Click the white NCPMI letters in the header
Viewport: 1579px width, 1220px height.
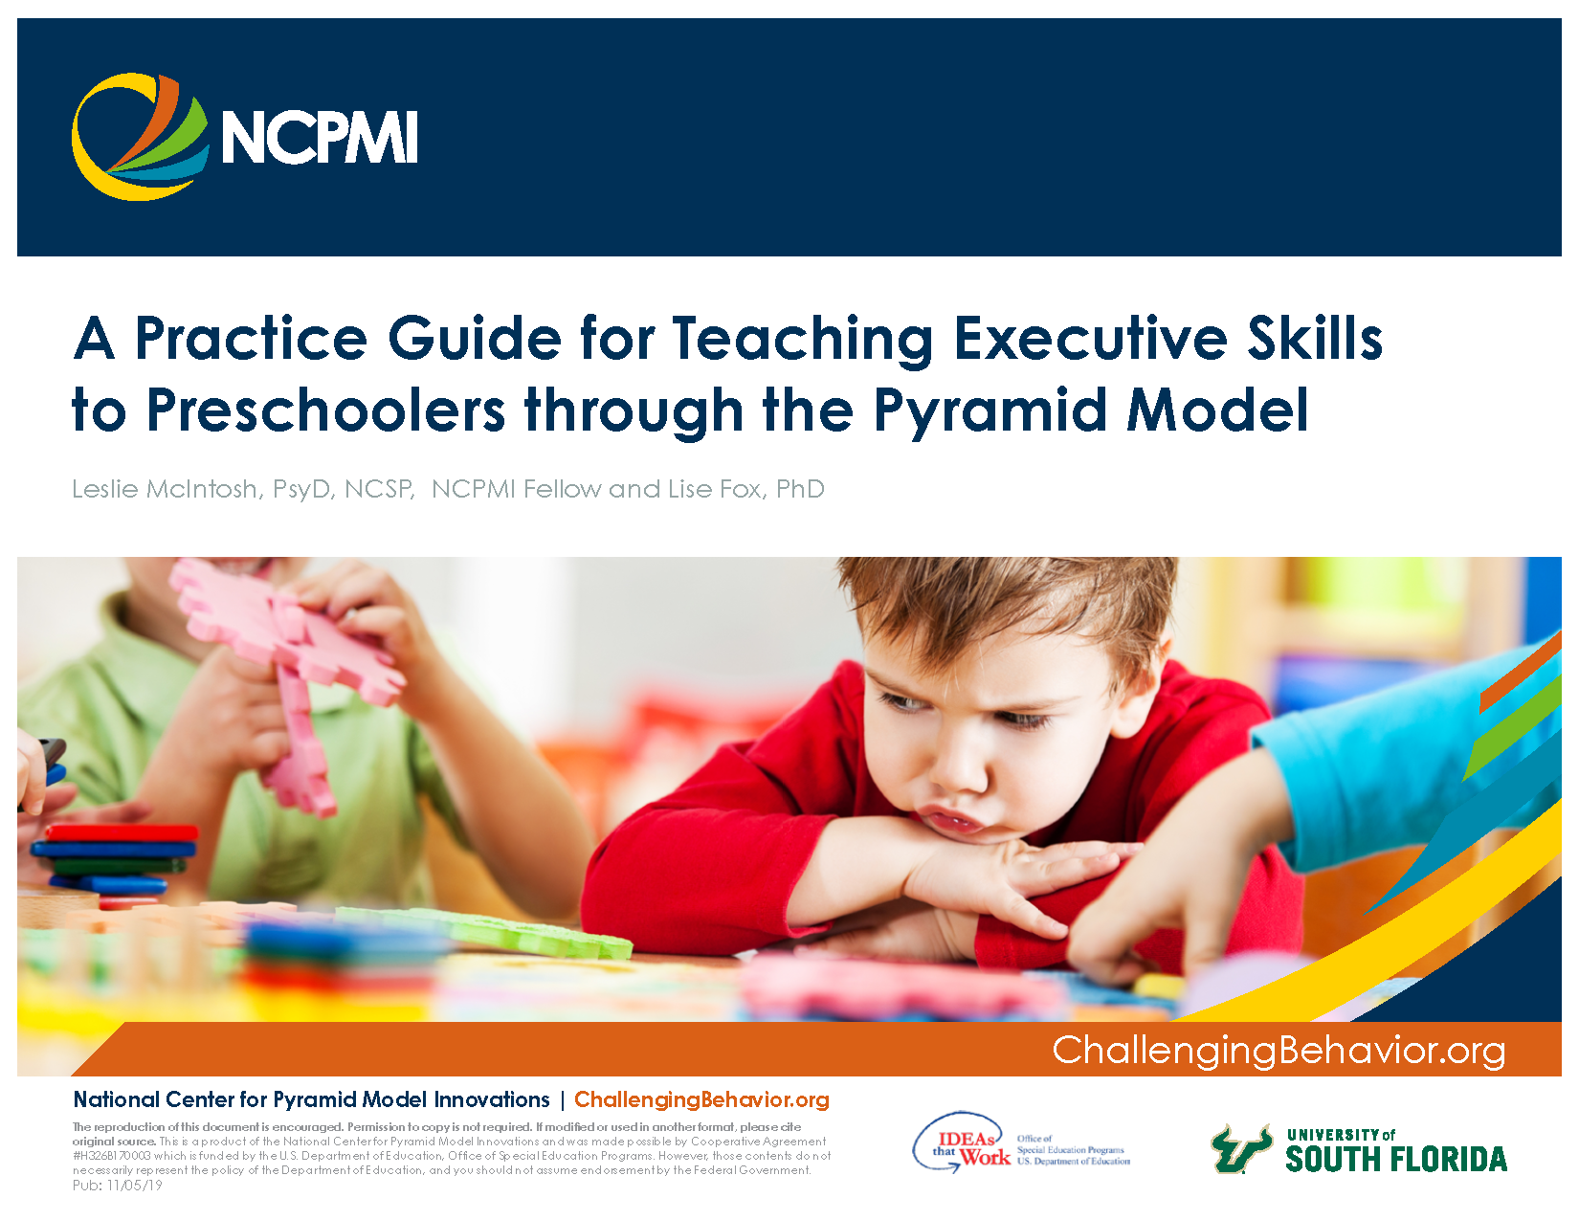coord(320,138)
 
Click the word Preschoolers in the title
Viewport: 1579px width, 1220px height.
coord(326,410)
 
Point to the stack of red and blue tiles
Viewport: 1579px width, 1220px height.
coord(115,856)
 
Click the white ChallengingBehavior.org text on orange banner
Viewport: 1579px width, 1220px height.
coord(1279,1050)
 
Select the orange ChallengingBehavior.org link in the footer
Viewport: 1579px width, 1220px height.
coord(701,1099)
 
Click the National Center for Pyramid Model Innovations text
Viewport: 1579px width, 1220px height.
coord(311,1099)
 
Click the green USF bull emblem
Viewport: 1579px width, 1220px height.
coord(1240,1148)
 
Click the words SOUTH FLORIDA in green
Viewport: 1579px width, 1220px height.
coord(1396,1159)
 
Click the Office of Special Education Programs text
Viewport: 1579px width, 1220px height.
coord(1072,1150)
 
